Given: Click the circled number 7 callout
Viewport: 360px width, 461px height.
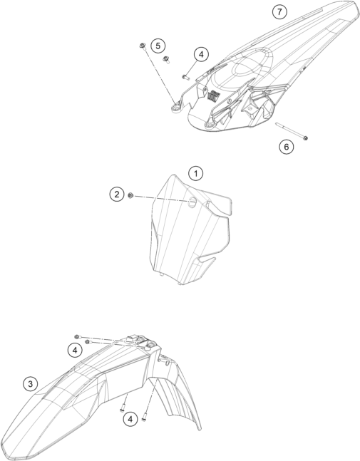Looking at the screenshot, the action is click(x=279, y=12).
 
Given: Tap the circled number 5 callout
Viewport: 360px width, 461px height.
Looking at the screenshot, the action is click(x=158, y=46).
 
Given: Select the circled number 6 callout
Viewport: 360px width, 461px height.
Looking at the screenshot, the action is click(x=287, y=146).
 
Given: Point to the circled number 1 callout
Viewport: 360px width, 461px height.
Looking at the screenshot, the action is click(x=195, y=173).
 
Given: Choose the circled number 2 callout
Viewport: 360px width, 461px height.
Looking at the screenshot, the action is click(x=117, y=195).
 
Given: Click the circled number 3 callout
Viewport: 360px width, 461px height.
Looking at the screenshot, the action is click(x=30, y=383).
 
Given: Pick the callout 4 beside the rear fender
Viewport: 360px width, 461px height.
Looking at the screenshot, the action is click(x=201, y=54).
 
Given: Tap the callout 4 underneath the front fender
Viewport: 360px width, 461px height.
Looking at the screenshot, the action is click(x=130, y=419).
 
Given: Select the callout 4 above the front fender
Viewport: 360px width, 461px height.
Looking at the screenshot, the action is click(x=75, y=351).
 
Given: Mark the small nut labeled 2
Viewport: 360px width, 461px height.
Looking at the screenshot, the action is click(x=130, y=195).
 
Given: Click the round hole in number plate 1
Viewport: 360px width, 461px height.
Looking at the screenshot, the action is click(x=192, y=202).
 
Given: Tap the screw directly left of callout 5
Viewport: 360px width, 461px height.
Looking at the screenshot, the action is click(x=143, y=46).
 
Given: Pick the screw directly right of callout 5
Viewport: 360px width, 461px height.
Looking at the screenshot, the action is click(x=167, y=59).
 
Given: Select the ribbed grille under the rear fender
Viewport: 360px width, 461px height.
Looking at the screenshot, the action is click(x=214, y=95).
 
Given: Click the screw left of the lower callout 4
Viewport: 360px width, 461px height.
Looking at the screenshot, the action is click(x=122, y=408).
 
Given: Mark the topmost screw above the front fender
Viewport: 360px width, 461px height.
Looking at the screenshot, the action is click(x=77, y=336).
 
